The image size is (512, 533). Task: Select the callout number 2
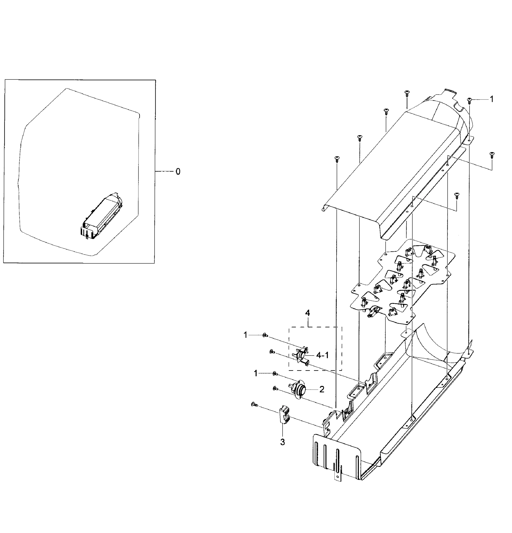point(322,389)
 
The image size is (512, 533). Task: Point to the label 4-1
point(322,355)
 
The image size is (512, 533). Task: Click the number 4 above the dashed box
point(307,313)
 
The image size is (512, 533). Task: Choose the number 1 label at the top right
point(491,99)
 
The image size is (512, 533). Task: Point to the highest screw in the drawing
point(407,93)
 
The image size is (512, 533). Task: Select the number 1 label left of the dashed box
point(245,335)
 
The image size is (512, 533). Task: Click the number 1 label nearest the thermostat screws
point(255,374)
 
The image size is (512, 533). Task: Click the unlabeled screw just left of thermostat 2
point(275,389)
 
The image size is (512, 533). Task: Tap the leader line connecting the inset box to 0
point(164,171)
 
